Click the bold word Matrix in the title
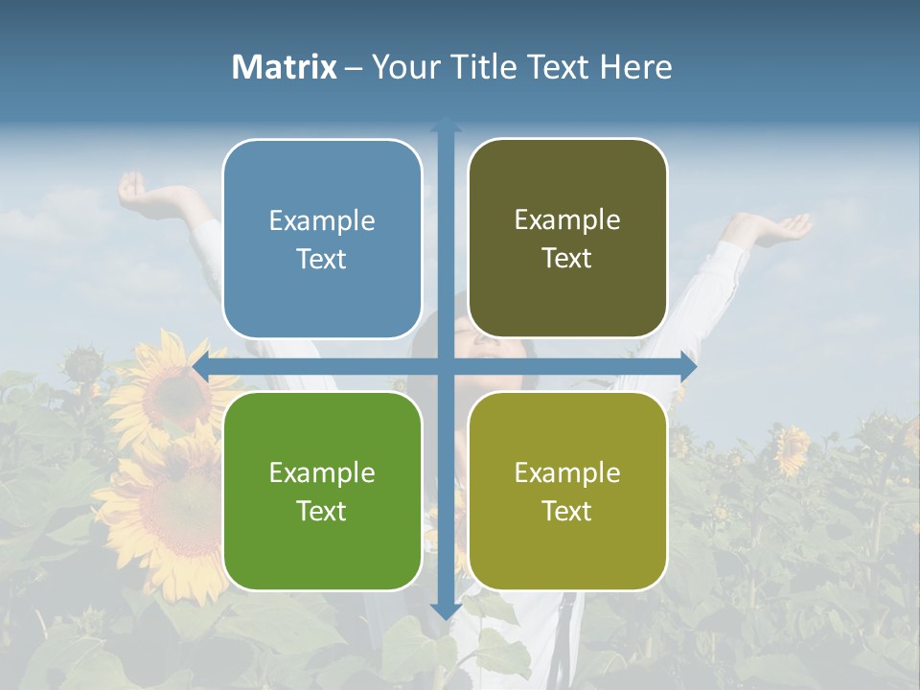[x=284, y=67]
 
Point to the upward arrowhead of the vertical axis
[x=445, y=125]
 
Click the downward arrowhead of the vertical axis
[x=445, y=610]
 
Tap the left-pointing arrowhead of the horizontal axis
[x=201, y=366]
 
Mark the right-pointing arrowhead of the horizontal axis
[x=687, y=366]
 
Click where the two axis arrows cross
[x=445, y=366]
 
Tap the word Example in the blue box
[x=322, y=221]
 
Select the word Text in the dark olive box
[x=567, y=259]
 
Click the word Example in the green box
[x=322, y=473]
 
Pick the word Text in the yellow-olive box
[x=567, y=511]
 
